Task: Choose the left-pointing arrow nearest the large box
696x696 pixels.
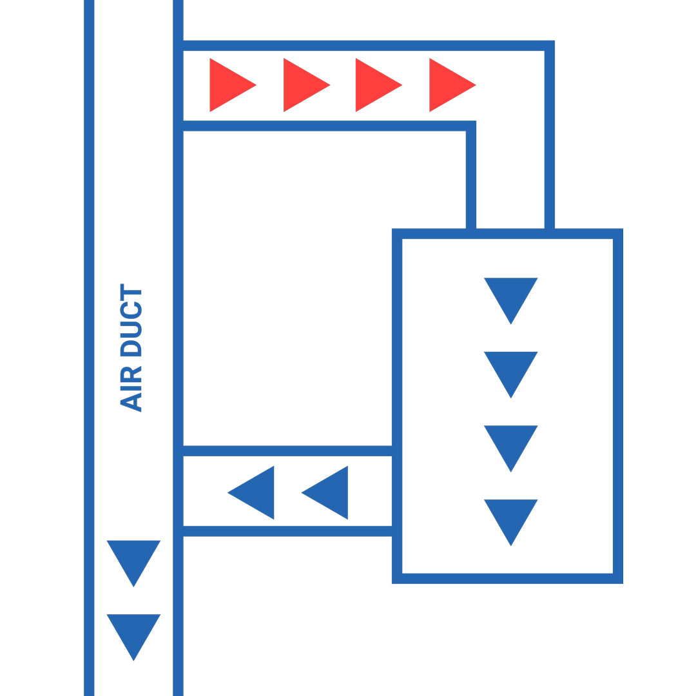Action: coord(329,492)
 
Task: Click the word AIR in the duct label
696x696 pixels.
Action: coord(131,389)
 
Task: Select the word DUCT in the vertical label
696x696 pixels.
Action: coord(131,320)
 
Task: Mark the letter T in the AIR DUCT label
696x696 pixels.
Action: coord(131,292)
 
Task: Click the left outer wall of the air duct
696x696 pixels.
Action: coord(89,348)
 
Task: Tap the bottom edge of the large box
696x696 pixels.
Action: coord(507,578)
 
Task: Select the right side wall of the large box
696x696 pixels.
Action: coord(617,406)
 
